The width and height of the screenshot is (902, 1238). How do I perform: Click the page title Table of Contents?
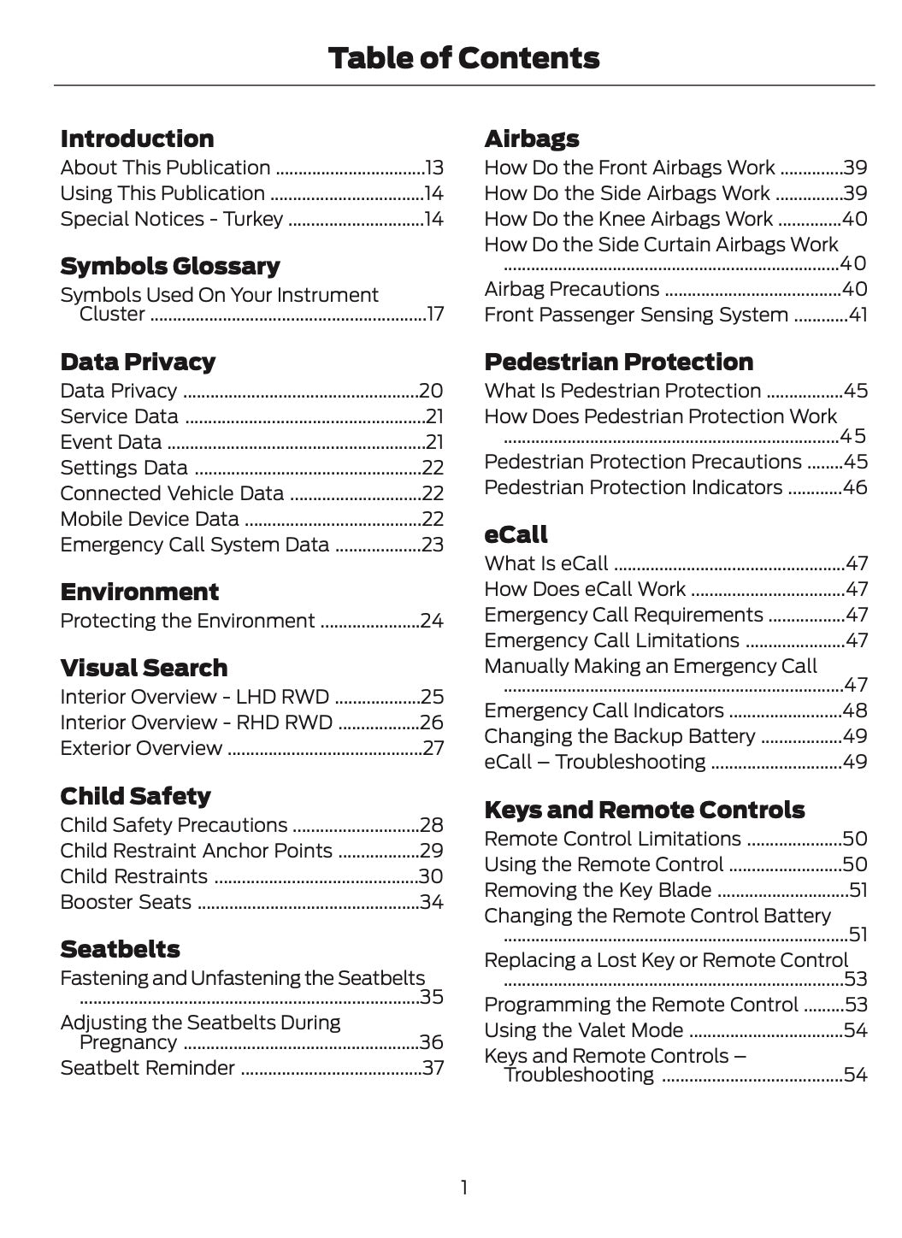click(463, 58)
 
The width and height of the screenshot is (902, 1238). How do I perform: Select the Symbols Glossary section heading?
click(170, 267)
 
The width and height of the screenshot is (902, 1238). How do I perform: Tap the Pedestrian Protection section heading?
click(618, 362)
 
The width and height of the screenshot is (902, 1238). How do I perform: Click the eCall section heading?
click(516, 534)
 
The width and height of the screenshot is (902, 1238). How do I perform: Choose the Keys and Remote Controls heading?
click(644, 810)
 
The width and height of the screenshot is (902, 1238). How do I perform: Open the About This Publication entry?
click(165, 168)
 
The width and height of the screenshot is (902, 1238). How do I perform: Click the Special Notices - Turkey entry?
click(171, 220)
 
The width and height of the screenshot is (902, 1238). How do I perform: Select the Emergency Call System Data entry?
click(194, 545)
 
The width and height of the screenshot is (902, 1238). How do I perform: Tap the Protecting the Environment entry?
click(187, 622)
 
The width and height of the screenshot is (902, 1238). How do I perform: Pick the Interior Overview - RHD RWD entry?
click(196, 723)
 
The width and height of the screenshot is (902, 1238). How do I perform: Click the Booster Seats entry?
click(126, 903)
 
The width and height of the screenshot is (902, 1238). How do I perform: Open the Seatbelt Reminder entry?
click(147, 1069)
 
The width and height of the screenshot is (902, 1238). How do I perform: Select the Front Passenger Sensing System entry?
click(636, 315)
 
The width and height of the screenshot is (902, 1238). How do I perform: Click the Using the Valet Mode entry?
click(583, 1031)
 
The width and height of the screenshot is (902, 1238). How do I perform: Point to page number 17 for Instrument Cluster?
click(435, 315)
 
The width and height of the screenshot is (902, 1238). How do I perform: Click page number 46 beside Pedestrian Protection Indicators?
click(855, 488)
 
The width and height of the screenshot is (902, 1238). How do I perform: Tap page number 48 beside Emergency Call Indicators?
click(855, 711)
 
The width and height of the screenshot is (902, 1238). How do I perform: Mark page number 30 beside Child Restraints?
click(431, 877)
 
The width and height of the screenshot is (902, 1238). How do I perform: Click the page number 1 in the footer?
click(463, 1188)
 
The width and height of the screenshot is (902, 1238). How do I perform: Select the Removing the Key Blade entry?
click(598, 891)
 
